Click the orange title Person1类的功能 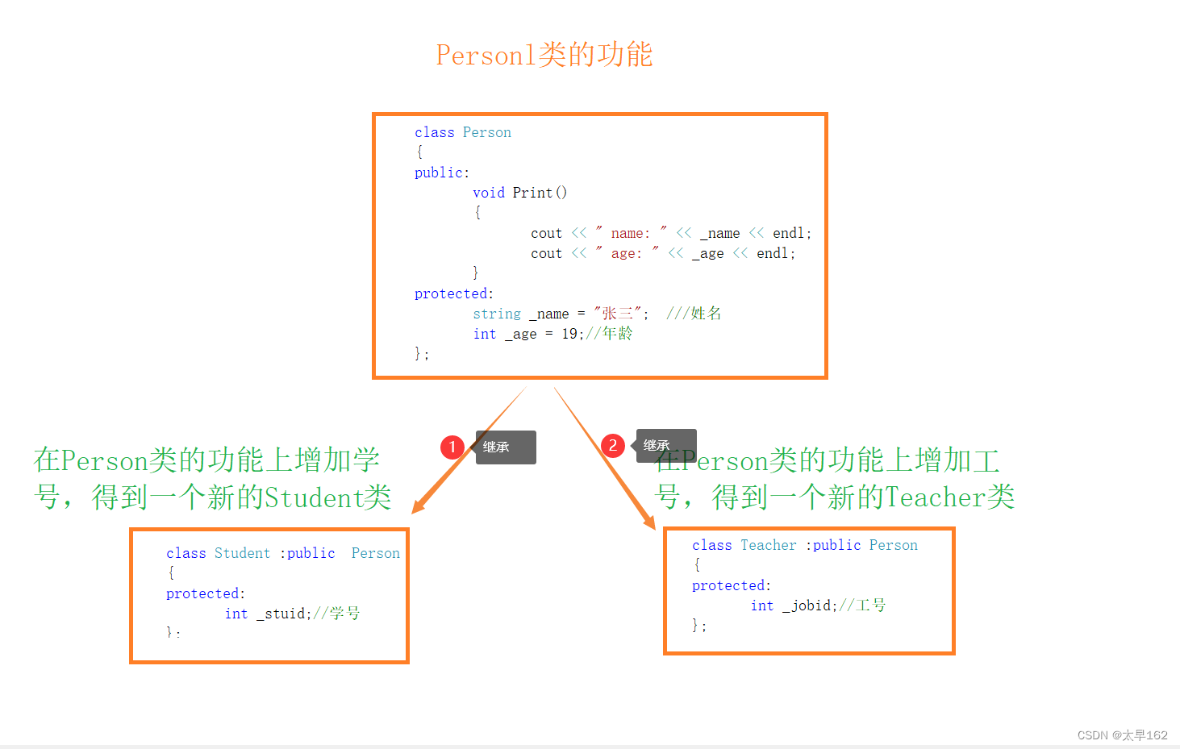pos(544,55)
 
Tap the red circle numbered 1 pos(452,447)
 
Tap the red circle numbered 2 pos(613,445)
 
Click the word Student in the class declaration pos(242,553)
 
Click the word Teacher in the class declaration pos(768,545)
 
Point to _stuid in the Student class pos(281,614)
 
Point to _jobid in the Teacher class pos(808,605)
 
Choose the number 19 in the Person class pos(569,334)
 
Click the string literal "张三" pos(618,314)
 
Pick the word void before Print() pos(489,193)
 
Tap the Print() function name pos(540,193)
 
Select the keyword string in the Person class pos(497,314)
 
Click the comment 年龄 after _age pos(617,334)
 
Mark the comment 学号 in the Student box pos(344,614)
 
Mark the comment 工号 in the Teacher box pos(870,605)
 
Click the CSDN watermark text pos(1122,735)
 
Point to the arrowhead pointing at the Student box pos(417,507)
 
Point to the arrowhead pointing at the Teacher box pos(650,523)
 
